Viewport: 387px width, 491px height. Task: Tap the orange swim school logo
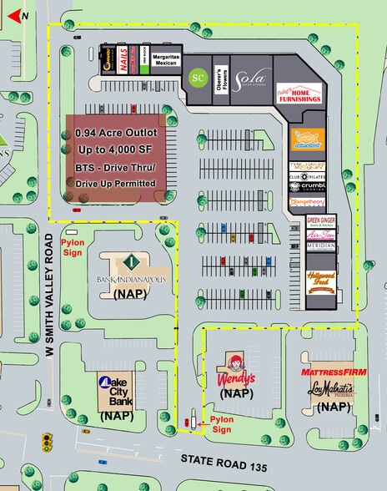point(307,138)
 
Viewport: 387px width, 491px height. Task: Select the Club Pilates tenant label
point(307,177)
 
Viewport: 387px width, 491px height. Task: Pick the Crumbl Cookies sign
point(307,188)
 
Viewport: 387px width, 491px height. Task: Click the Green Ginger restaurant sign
point(321,222)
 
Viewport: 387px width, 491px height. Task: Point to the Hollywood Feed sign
point(321,281)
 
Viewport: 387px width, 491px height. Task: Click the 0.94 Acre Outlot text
point(117,133)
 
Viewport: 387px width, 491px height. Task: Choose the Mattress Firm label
point(328,369)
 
